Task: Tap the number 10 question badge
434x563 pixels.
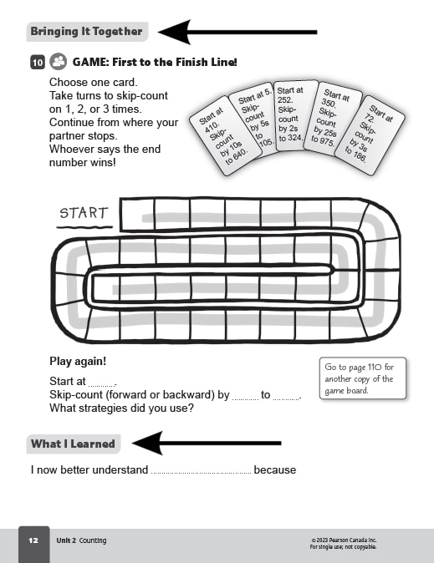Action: (38, 62)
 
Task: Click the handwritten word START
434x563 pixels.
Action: (84, 213)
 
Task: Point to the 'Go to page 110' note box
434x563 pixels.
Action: (362, 378)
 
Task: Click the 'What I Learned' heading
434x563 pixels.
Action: (73, 444)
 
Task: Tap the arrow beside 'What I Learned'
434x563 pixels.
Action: (206, 444)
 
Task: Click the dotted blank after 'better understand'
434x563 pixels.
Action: (201, 471)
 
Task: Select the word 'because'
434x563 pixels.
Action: (275, 470)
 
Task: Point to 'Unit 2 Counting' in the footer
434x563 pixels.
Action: (81, 540)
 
